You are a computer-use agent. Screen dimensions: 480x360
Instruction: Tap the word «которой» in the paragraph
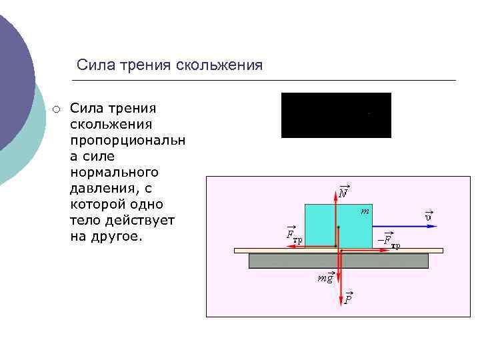coord(96,204)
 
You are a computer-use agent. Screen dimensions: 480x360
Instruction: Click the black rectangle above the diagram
coord(336,115)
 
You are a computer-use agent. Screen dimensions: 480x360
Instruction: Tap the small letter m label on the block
coord(365,211)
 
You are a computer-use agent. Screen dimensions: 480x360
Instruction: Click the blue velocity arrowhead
coord(433,227)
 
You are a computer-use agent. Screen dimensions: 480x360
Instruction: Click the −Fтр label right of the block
coord(388,240)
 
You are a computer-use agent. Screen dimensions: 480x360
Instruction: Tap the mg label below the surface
coord(325,277)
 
